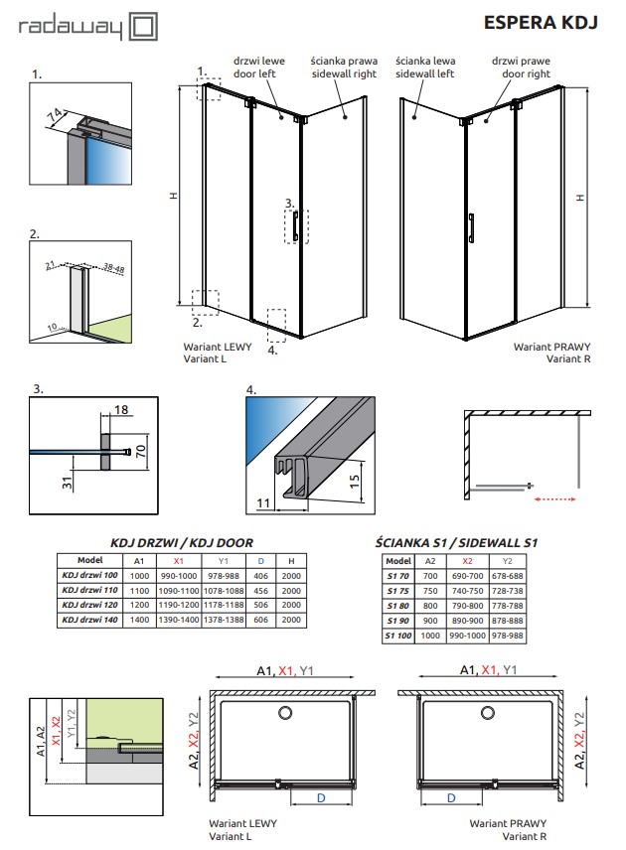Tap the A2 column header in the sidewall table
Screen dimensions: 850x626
430,560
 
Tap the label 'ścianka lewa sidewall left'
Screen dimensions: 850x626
424,67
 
